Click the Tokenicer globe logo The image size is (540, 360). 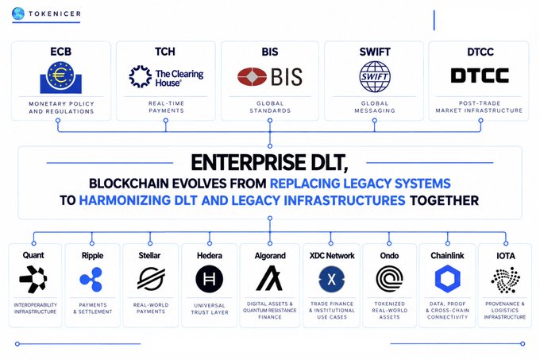click(18, 14)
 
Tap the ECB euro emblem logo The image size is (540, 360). click(60, 77)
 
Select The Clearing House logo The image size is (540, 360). click(166, 77)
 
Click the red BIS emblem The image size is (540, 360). click(252, 76)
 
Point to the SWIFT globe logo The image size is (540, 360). click(375, 76)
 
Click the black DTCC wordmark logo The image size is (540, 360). click(480, 75)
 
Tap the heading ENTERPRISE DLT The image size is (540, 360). click(269, 163)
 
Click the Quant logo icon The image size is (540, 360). click(33, 279)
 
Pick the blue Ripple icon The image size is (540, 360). click(91, 279)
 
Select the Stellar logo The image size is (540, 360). click(151, 279)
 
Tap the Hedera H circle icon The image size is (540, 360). click(209, 279)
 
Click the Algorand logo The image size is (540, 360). click(269, 278)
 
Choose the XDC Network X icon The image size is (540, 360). click(331, 279)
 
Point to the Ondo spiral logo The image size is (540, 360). click(389, 279)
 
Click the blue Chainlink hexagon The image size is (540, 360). click(447, 279)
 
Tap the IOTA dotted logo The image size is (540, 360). click(505, 280)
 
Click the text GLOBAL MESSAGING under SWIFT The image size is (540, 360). click(375, 106)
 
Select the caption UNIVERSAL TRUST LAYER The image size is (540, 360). click(210, 309)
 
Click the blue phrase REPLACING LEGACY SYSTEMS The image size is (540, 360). click(361, 184)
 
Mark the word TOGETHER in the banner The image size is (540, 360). click(444, 200)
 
